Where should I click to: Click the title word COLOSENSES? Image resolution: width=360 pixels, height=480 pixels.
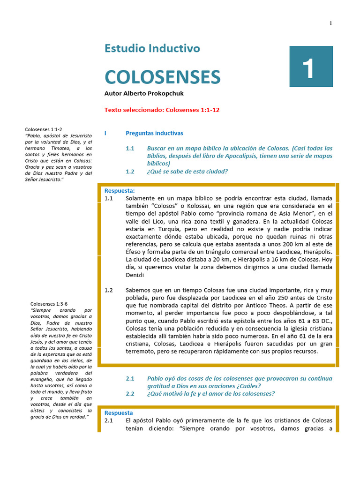point(162,76)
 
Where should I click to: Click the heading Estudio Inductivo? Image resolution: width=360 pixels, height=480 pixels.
point(152,48)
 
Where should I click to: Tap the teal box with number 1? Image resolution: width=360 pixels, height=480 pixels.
point(311,67)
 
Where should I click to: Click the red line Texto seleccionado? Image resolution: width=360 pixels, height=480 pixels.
point(162,110)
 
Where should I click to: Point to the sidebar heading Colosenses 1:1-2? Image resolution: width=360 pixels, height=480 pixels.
point(43,129)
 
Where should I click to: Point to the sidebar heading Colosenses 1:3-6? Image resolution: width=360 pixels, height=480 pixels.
point(49,304)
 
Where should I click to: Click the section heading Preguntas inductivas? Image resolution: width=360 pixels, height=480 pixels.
point(154,133)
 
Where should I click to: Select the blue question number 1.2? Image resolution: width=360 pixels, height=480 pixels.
point(130,172)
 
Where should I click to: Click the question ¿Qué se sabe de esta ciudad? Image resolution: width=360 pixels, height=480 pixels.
point(187,172)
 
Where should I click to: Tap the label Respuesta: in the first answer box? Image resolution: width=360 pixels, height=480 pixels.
point(120,190)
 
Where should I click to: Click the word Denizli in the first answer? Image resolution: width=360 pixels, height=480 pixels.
point(135,275)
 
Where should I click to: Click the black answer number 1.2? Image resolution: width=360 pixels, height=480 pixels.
point(108,290)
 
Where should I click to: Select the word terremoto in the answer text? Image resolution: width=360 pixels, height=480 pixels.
point(142,351)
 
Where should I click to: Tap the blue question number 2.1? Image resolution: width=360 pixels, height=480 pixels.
point(130,378)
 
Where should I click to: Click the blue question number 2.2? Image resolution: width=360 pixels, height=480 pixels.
point(130,393)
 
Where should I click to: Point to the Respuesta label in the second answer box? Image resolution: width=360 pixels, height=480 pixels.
point(119,413)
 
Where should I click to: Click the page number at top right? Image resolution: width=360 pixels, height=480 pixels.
point(331,23)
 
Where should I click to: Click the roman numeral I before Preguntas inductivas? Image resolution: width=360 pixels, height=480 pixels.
point(105,133)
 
